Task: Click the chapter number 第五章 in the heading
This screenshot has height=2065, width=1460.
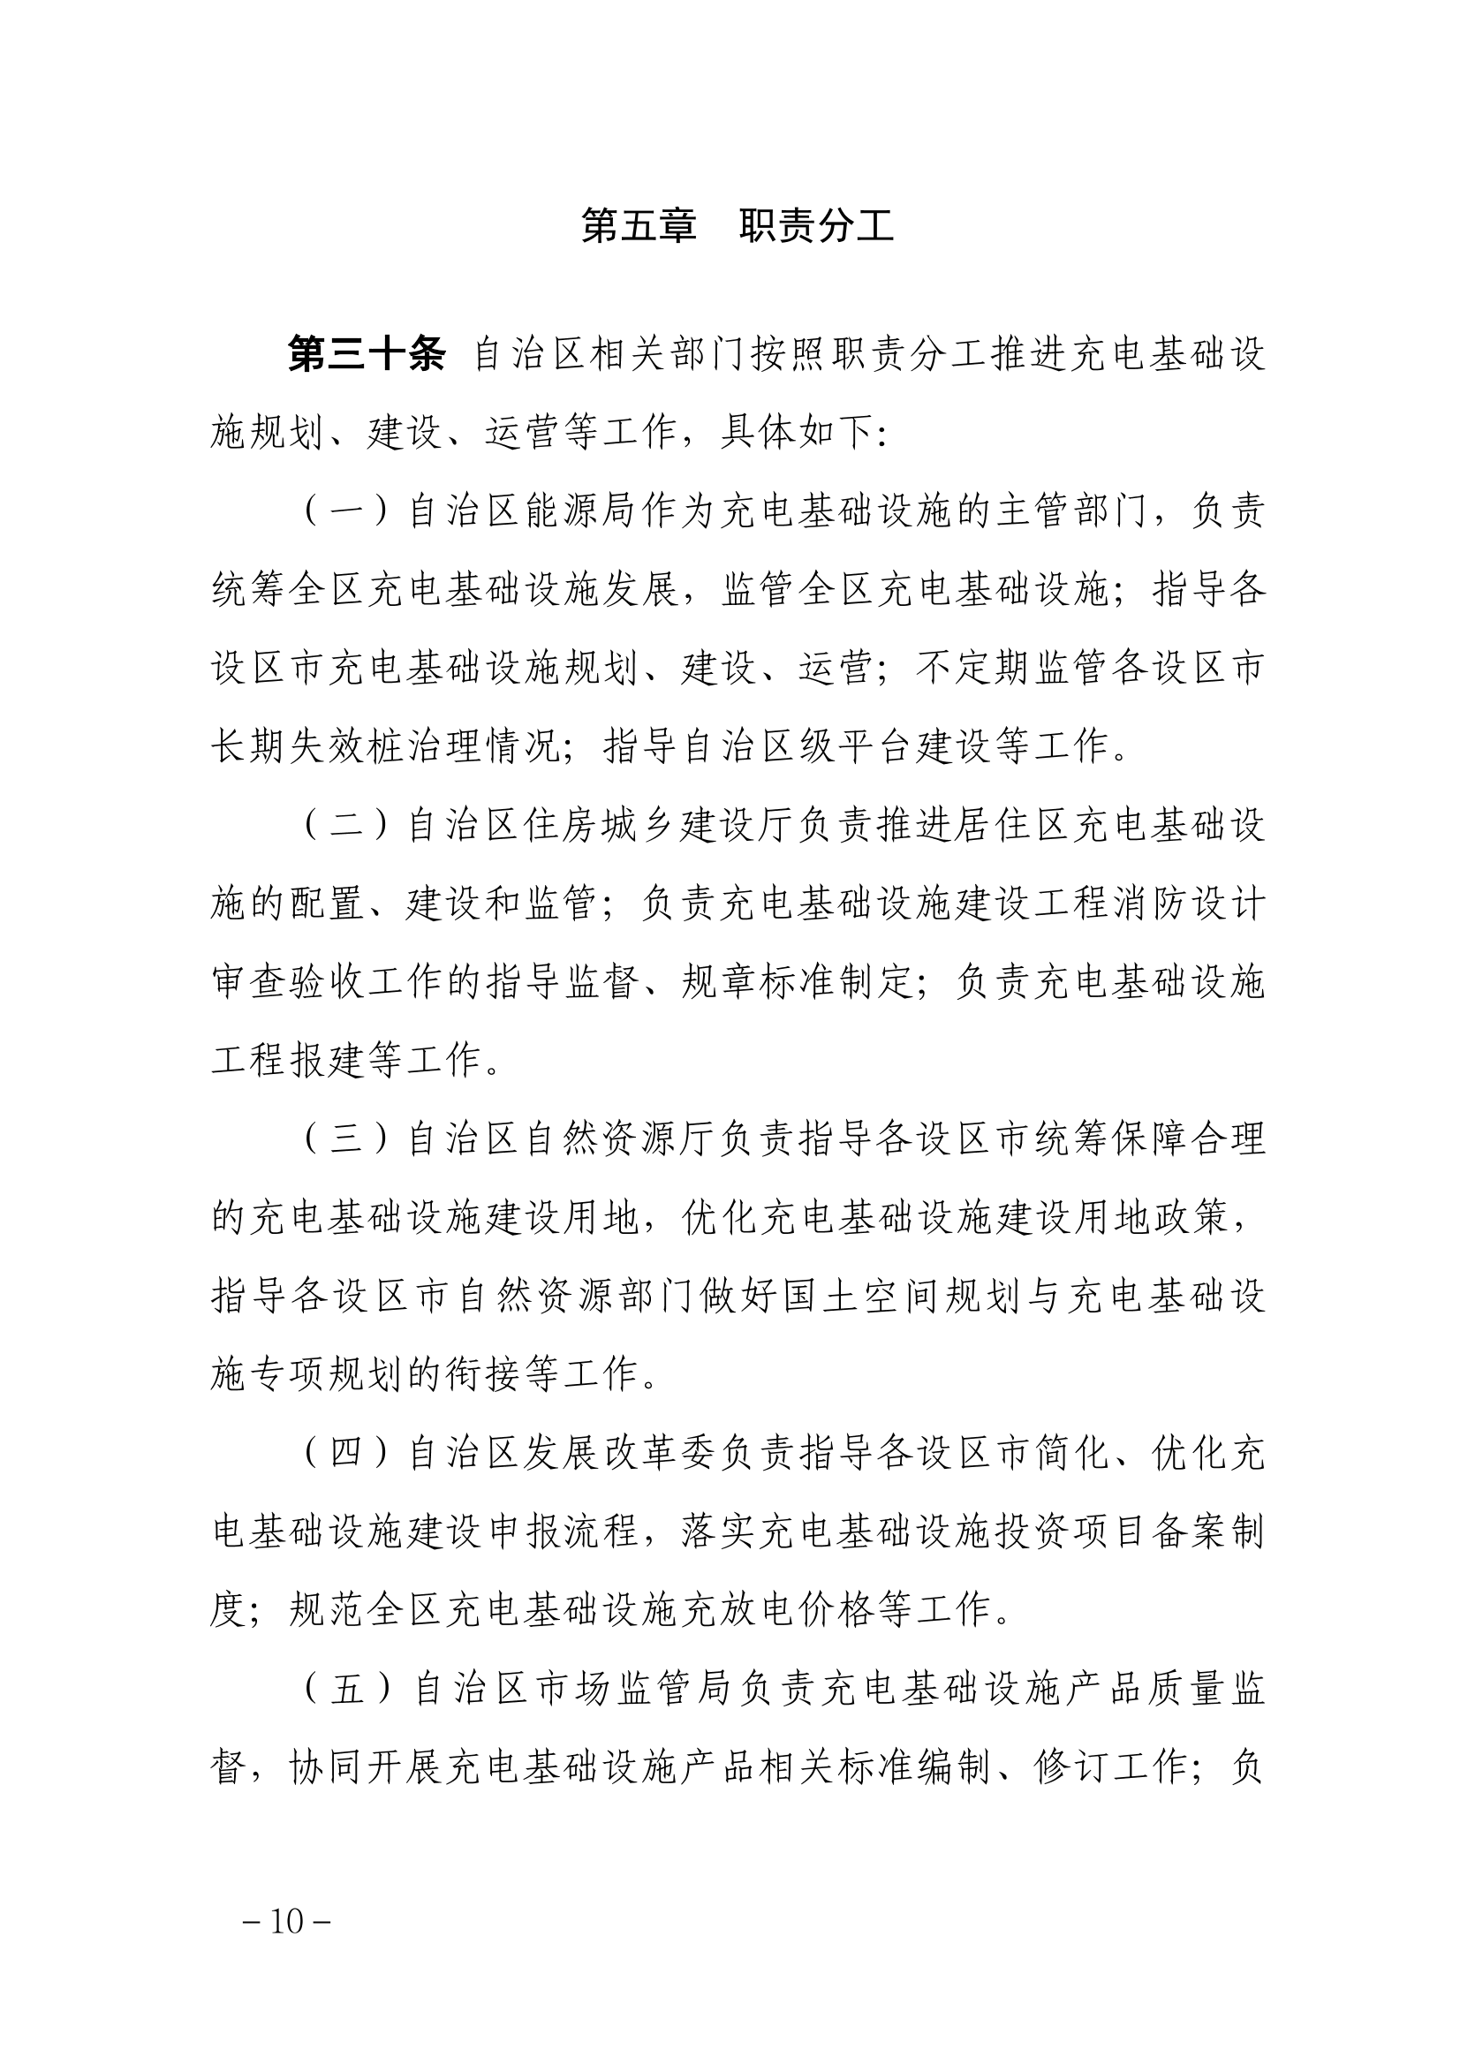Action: coord(639,226)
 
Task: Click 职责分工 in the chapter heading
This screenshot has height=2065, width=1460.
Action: coord(816,226)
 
